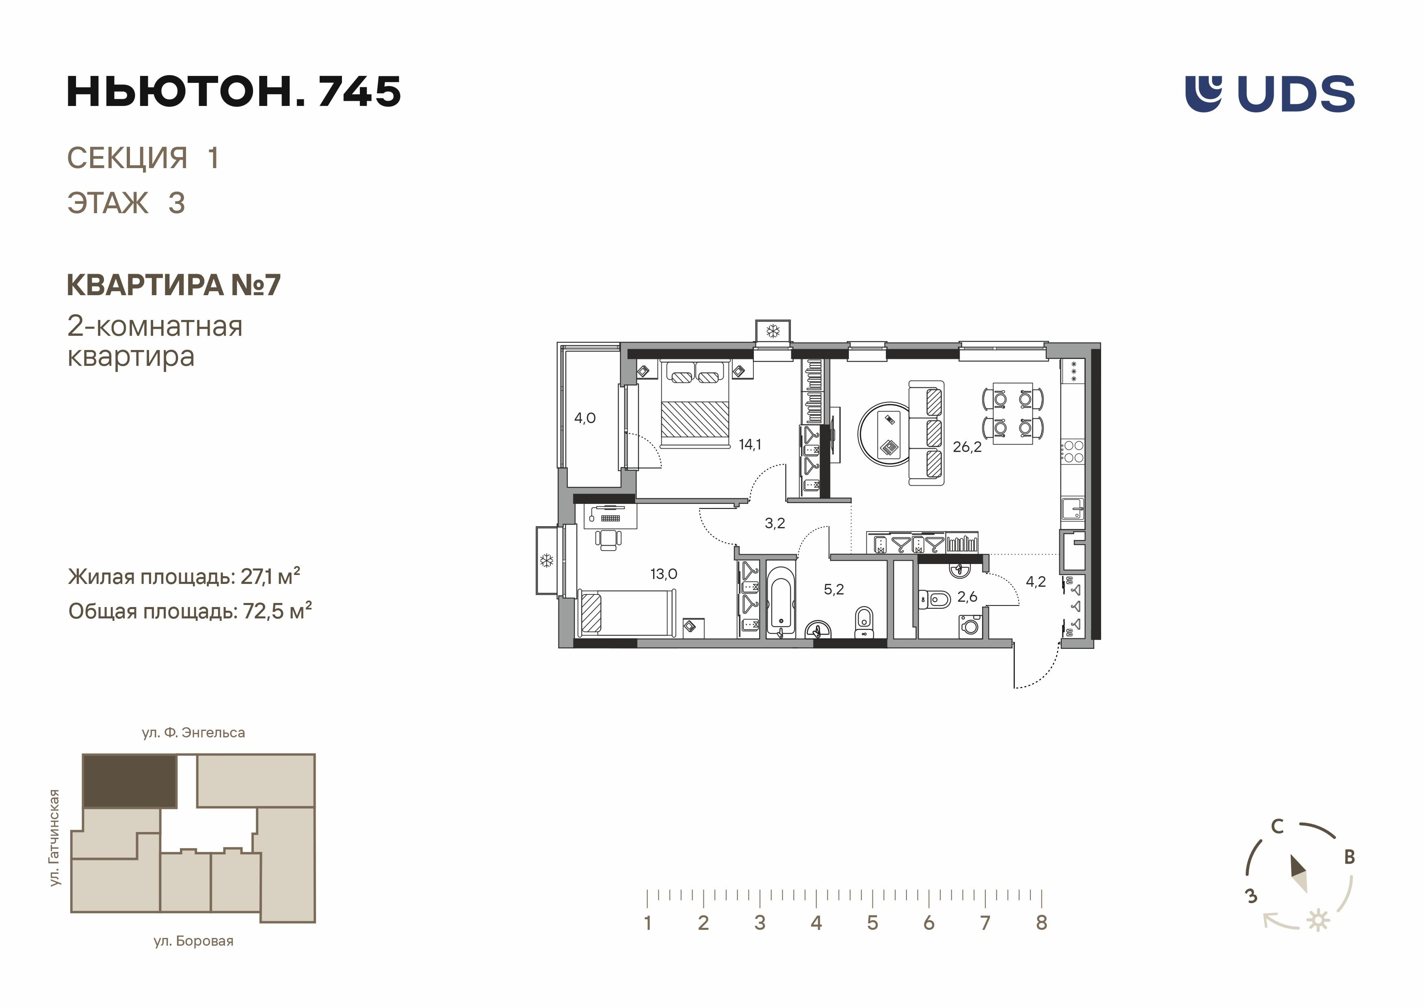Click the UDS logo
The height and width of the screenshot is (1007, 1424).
coord(1270,94)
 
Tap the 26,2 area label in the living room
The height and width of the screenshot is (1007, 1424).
coord(967,447)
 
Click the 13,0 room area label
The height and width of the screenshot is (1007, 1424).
coord(664,574)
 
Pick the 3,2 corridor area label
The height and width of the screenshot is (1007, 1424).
coord(775,523)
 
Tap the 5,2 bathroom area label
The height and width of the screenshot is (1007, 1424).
coord(833,590)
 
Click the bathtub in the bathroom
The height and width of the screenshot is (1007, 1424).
coord(781,600)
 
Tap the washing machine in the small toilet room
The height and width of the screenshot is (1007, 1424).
coord(970,626)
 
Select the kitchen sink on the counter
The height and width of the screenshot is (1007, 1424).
coord(1072,508)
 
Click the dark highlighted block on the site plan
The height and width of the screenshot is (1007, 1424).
coord(130,781)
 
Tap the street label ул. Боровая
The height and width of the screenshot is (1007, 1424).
coord(193,941)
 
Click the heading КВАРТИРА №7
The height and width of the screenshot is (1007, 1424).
coord(174,285)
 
